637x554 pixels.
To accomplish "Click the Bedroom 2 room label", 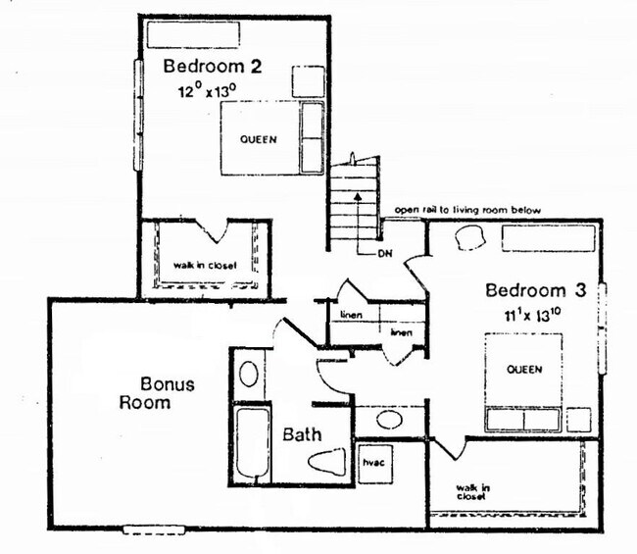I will (212, 68).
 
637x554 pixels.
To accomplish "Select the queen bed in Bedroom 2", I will (260, 138).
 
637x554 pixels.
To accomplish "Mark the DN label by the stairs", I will (385, 253).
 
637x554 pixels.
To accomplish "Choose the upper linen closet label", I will (351, 315).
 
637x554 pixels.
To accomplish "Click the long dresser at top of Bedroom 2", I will (192, 32).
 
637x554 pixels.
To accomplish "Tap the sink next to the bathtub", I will (249, 374).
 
